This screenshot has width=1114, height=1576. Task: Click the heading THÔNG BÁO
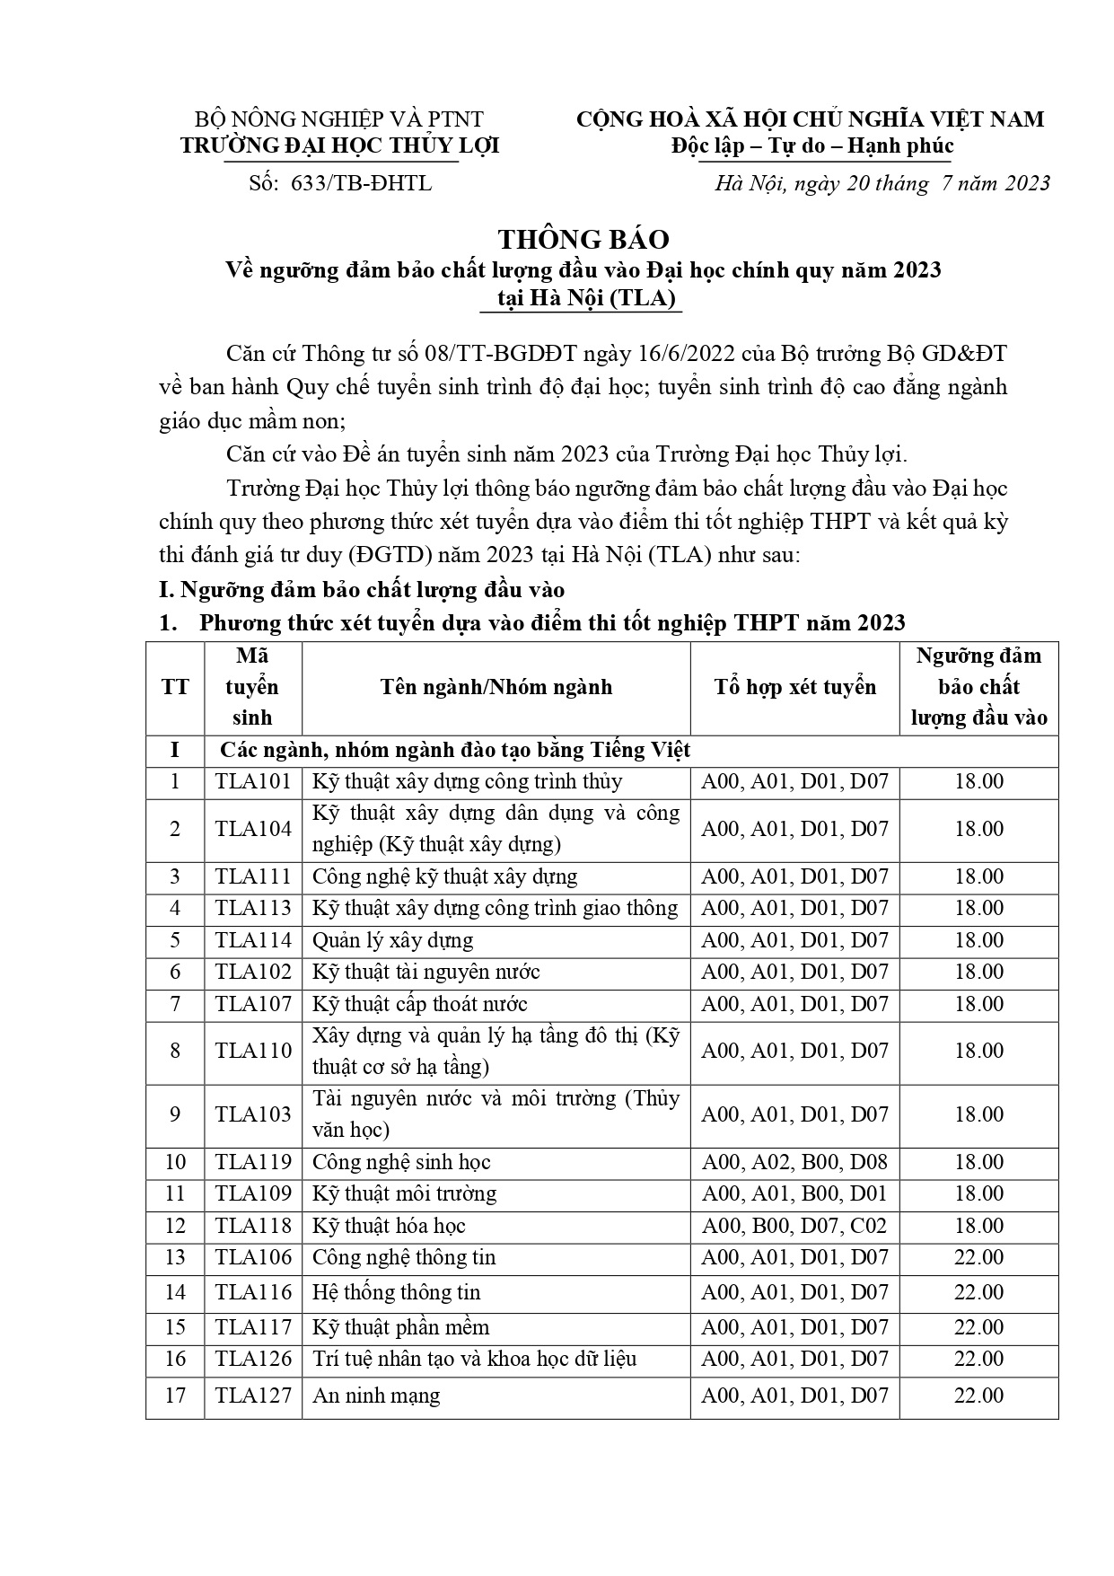583,240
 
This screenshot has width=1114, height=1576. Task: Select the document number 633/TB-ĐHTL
362,183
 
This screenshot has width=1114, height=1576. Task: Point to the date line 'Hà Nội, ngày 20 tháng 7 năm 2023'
882,183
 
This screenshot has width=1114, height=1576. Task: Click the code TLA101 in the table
253,781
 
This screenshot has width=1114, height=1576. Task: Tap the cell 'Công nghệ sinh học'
401,1162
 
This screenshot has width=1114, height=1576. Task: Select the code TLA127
253,1395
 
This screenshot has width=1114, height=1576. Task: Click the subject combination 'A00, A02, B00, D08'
794,1162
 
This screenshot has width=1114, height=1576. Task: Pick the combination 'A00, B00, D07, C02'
794,1226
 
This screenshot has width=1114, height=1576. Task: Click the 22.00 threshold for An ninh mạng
978,1395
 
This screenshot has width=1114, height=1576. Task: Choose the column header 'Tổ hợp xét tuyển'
794,688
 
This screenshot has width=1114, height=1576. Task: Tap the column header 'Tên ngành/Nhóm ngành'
496,688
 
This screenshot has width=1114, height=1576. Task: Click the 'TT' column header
175,688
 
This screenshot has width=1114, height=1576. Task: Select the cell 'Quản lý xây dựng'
392,940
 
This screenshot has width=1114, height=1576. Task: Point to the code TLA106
253,1257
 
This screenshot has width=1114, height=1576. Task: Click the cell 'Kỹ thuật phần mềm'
400,1327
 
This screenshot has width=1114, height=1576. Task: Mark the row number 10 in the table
175,1162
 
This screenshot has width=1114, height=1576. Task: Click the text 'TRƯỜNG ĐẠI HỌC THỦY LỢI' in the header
340,146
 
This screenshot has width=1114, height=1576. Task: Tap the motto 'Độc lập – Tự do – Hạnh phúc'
811,146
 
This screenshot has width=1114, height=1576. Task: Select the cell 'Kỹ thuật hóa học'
389,1226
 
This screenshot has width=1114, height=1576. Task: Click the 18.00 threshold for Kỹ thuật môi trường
978,1193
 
